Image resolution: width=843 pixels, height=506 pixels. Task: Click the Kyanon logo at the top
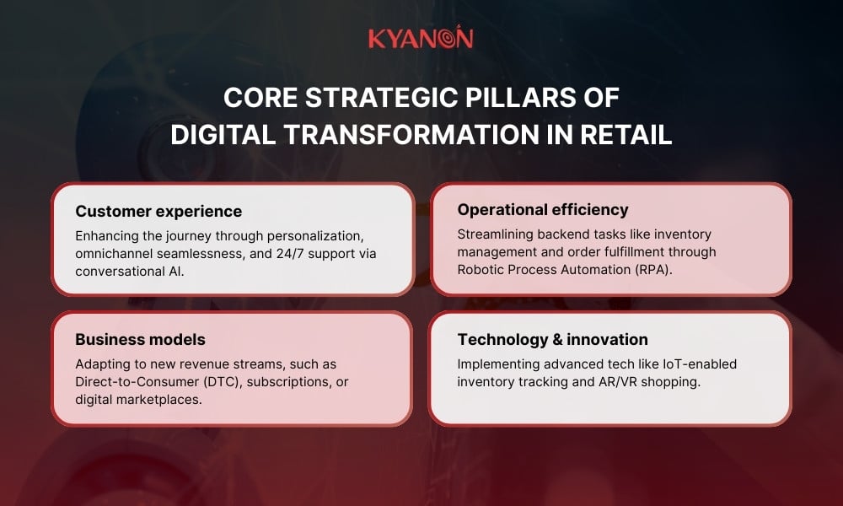(421, 39)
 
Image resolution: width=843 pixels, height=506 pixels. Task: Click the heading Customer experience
(158, 211)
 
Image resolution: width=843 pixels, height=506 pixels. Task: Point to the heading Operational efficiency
(543, 210)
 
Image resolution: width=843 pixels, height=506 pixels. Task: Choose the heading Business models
(140, 339)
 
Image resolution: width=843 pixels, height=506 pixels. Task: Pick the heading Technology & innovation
(552, 339)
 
